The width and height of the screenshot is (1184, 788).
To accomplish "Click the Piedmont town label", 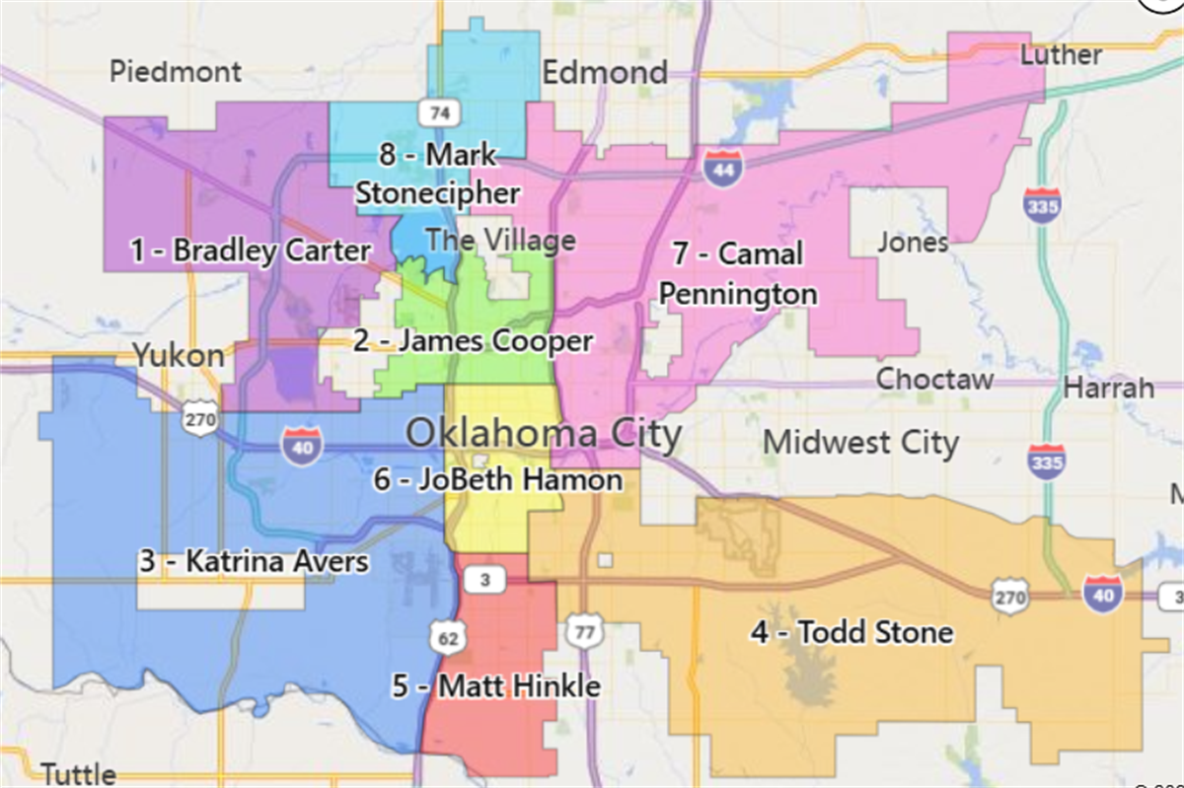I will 176,72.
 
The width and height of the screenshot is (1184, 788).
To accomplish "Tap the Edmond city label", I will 605,73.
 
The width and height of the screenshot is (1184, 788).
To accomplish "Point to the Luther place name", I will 1061,54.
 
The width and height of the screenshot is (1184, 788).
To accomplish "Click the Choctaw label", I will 935,379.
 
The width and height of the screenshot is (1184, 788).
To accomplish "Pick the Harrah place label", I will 1109,388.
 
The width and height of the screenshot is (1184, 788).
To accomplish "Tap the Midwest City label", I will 860,443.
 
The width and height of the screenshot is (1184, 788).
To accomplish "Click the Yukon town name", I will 179,355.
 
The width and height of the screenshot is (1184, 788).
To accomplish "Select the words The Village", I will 500,240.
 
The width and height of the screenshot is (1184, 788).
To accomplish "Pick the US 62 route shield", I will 445,639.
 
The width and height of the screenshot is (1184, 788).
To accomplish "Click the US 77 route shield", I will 583,632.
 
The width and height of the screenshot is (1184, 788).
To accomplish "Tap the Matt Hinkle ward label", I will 496,685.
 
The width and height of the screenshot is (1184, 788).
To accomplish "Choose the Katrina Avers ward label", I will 254,562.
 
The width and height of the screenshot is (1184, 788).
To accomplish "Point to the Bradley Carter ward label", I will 251,251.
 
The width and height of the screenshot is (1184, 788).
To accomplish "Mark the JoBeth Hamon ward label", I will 498,480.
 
